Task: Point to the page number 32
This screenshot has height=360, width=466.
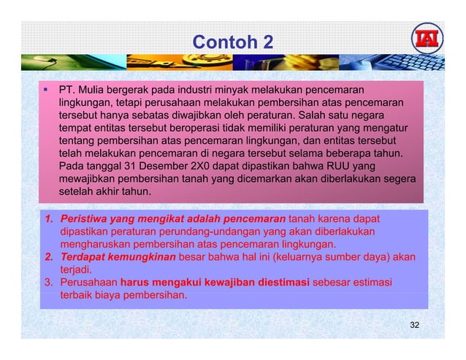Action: click(414, 323)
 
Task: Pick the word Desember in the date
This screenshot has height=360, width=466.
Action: click(166, 166)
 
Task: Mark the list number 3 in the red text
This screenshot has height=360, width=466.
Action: click(46, 283)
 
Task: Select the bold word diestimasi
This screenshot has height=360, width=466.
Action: click(275, 283)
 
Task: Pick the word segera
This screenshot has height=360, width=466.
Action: click(400, 178)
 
